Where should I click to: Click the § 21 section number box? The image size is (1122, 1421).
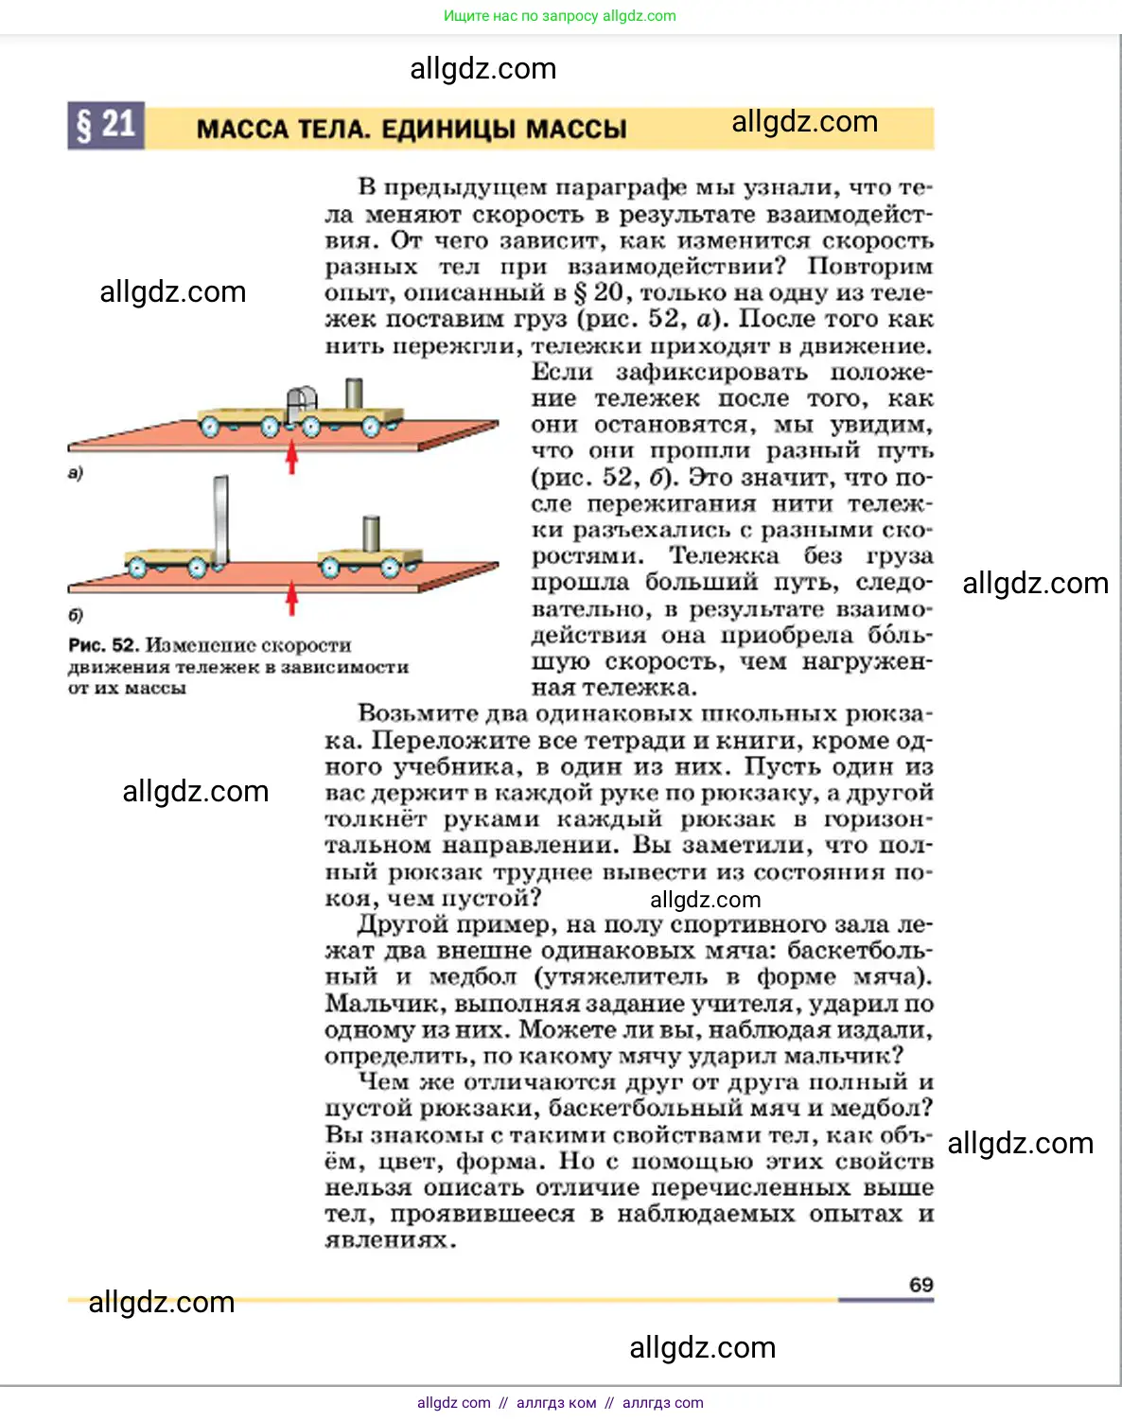(x=105, y=125)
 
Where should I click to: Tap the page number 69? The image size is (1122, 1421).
(x=920, y=1285)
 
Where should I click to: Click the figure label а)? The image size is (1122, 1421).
(x=76, y=473)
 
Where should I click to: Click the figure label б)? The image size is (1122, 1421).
(x=76, y=615)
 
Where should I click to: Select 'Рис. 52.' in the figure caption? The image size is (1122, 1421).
(x=104, y=645)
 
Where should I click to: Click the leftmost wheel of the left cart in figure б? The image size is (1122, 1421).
(x=137, y=568)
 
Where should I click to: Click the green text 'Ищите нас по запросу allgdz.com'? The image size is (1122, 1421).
(x=560, y=16)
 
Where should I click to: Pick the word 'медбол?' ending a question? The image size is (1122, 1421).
(x=889, y=1108)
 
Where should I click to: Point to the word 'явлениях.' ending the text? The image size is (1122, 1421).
(x=391, y=1239)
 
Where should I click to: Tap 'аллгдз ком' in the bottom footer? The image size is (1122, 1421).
(x=556, y=1403)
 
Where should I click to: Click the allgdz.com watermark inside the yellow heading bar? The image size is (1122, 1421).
(x=804, y=122)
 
